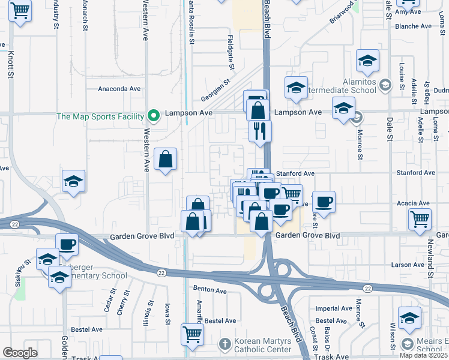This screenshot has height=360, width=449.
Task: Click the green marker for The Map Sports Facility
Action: click(154, 116)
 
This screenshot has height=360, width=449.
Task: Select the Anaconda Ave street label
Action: click(119, 89)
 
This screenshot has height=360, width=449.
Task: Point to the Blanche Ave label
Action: click(413, 26)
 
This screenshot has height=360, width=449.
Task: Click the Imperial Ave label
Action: click(333, 308)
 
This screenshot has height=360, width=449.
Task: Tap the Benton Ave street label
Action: click(210, 290)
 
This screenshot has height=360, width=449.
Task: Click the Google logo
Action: click(20, 353)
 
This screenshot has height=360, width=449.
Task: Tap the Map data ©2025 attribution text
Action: click(423, 355)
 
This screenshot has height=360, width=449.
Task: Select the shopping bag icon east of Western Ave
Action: click(166, 160)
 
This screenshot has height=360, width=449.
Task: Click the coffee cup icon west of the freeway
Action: click(67, 244)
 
